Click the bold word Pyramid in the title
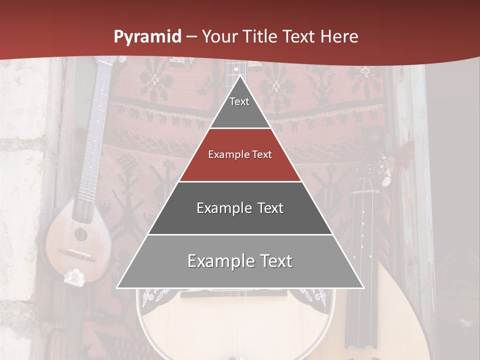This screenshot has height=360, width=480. point(147,37)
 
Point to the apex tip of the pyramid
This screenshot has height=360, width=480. point(240,76)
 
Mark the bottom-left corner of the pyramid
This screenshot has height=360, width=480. point(117,287)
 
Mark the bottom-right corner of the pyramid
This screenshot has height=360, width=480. point(363,287)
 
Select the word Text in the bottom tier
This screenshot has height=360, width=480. point(274,261)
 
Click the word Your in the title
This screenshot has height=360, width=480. point(219,37)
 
